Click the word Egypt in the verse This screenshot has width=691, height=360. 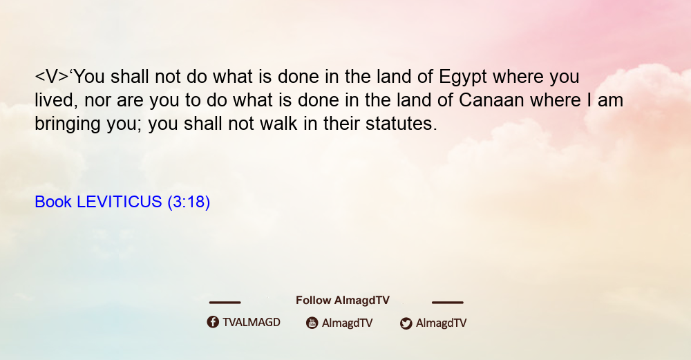pos(463,78)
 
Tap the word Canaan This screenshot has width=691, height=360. pos(491,100)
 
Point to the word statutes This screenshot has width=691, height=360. pos(401,124)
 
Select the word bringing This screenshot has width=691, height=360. pos(68,124)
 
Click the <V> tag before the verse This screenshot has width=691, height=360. pos(52,77)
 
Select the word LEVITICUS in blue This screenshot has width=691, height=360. pos(120,202)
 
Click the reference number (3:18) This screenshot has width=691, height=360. pos(189,202)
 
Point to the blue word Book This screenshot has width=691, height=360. pos(53,202)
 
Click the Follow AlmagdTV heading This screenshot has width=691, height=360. pos(343,301)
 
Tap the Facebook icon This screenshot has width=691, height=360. pos(213,322)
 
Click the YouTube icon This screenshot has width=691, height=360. pos(312,323)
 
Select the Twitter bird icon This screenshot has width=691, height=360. pos(406,323)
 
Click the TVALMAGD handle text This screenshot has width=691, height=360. pos(252,323)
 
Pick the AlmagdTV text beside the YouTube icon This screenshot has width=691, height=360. pos(348,323)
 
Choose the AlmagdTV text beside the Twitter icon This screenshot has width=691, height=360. pos(441,323)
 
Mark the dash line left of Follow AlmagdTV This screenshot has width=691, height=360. pos(225,303)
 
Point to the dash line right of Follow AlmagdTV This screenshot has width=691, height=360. pos(448,303)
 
